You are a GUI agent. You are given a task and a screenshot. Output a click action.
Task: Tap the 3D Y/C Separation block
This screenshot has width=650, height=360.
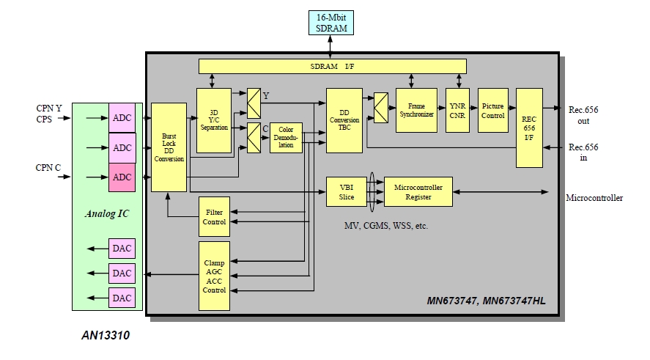(x=214, y=120)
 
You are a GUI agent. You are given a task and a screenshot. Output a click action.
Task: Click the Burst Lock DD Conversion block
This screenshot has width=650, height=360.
(x=169, y=147)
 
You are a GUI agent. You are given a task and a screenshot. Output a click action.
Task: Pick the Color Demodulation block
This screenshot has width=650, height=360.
(x=286, y=138)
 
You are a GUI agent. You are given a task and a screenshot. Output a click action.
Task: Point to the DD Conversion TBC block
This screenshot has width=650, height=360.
(x=344, y=120)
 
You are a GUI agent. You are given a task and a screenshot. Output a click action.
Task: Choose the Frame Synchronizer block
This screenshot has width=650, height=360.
(x=416, y=110)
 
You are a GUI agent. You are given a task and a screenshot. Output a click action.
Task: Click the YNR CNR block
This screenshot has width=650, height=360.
(x=458, y=110)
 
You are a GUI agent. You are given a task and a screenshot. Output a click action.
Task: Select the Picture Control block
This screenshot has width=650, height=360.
(x=493, y=110)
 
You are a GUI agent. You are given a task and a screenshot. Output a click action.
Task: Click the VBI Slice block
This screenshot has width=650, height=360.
(x=346, y=191)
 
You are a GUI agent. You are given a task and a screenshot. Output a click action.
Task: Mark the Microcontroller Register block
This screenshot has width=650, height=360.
(x=418, y=191)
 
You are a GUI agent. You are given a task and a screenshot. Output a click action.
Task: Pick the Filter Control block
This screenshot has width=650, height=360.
(x=214, y=216)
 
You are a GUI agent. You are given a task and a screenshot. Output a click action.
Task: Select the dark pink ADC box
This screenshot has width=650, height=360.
(x=122, y=177)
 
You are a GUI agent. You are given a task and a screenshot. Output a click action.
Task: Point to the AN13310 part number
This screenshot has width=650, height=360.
(x=106, y=337)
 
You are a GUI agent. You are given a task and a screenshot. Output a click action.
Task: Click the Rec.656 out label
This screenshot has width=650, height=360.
(x=583, y=115)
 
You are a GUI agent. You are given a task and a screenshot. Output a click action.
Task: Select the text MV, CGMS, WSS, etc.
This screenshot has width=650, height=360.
(x=385, y=226)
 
